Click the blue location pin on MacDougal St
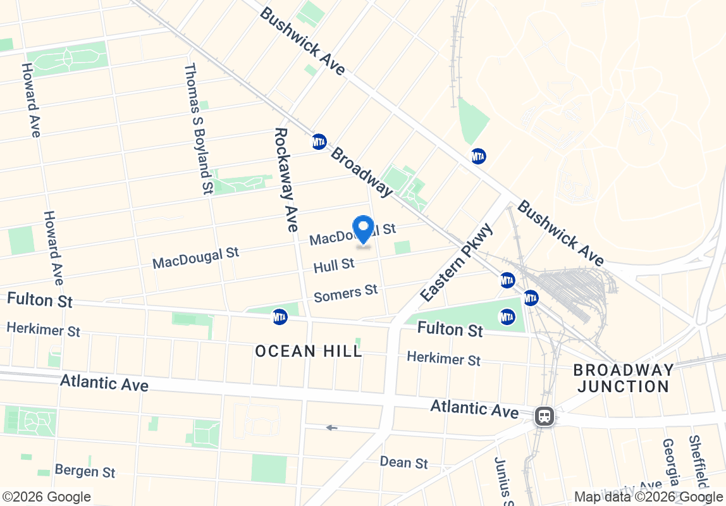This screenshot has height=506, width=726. click(363, 229)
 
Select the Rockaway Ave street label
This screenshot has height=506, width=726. click(285, 180)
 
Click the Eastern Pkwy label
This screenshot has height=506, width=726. click(456, 262)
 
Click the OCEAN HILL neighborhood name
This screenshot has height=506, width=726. click(309, 350)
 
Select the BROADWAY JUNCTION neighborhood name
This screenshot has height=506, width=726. click(622, 378)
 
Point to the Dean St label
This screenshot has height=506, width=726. click(403, 462)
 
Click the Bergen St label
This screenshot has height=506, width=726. click(85, 471)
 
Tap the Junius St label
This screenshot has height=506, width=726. click(501, 481)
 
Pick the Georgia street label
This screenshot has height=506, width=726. click(670, 468)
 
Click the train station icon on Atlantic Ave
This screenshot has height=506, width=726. click(543, 416)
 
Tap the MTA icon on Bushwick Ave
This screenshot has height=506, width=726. click(479, 156)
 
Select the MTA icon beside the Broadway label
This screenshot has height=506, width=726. click(319, 142)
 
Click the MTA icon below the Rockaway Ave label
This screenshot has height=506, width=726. click(280, 317)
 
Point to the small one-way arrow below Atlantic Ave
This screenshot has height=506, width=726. click(331, 428)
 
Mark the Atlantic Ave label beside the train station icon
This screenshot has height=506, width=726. click(474, 409)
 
